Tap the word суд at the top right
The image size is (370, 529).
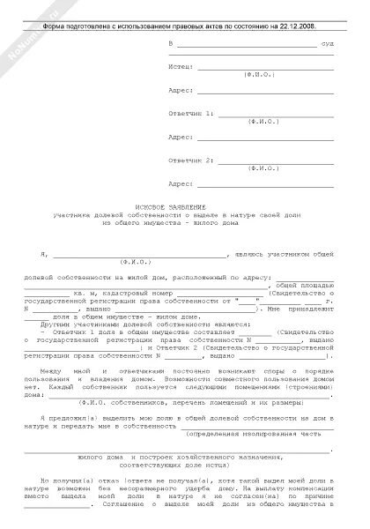click(326, 41)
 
